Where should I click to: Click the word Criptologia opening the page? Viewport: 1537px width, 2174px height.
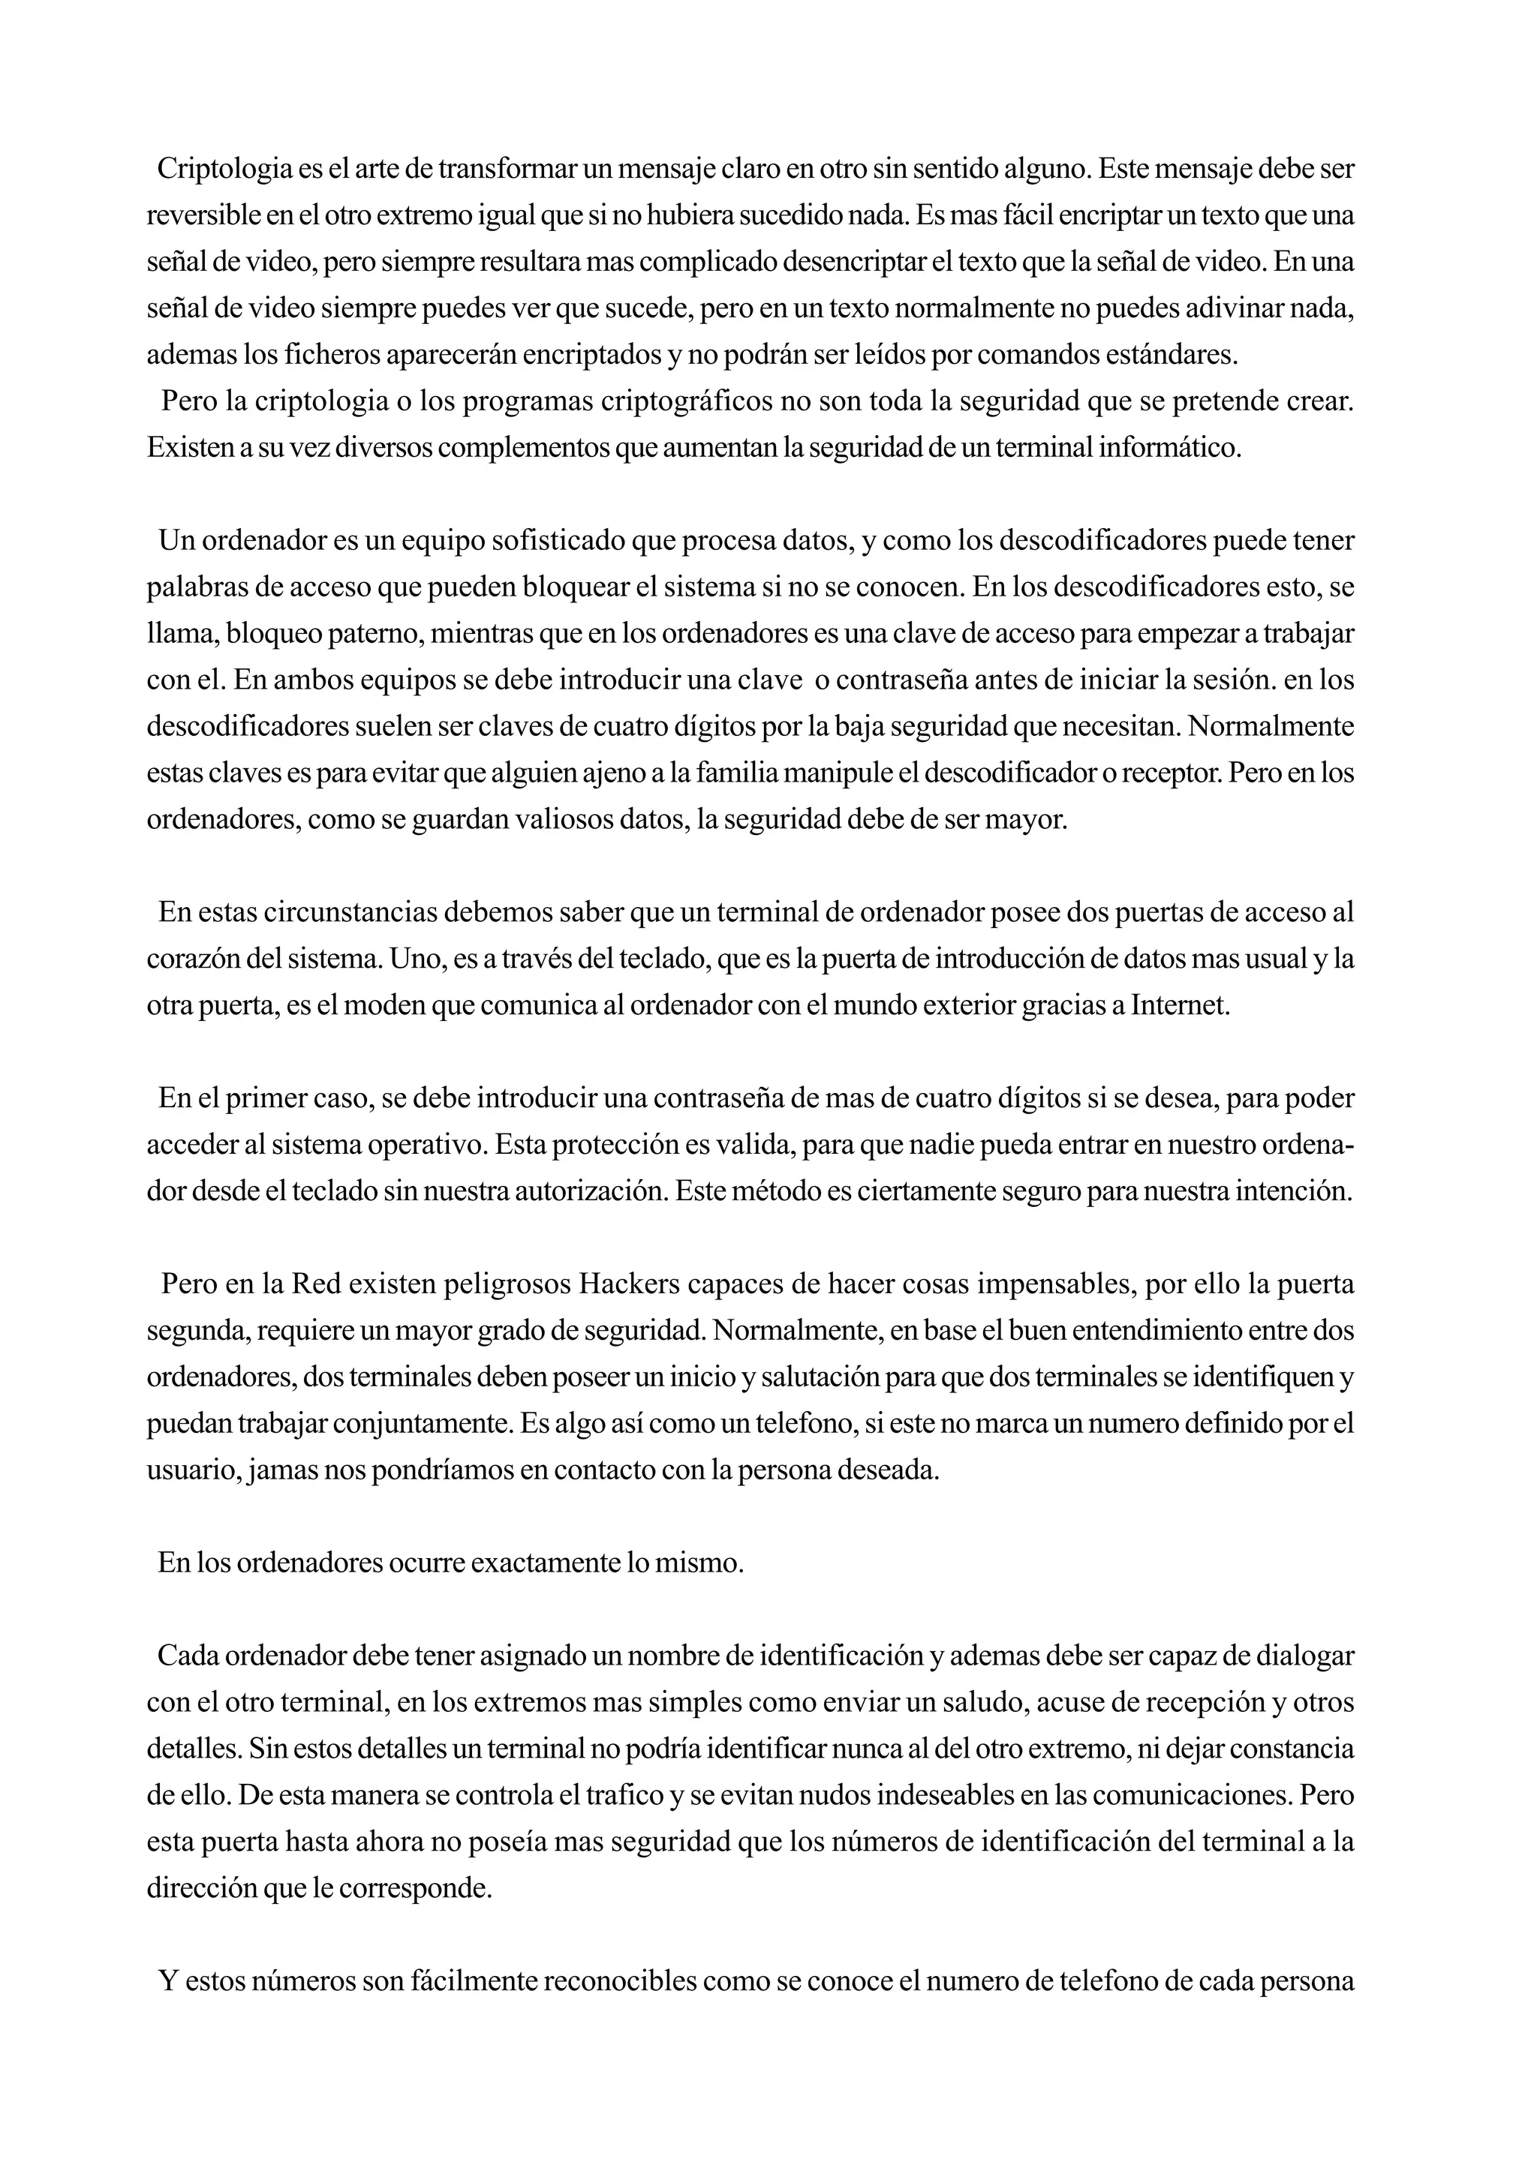(224, 170)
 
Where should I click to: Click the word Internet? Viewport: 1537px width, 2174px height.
(1180, 1005)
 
